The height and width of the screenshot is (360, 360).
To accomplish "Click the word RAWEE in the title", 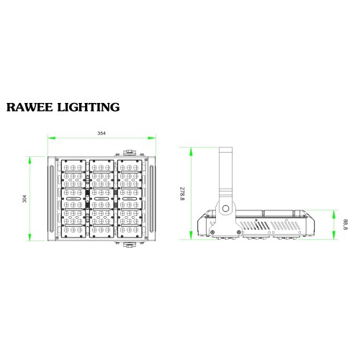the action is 30,107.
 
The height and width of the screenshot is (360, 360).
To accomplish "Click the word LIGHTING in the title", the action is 89,107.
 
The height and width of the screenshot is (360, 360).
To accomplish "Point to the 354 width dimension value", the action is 102,133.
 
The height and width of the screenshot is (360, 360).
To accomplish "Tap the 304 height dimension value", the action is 24,199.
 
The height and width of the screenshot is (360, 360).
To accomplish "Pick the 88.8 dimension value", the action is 346,225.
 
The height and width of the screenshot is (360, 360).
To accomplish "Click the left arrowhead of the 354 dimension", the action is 52,138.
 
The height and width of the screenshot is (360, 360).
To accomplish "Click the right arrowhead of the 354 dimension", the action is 151,138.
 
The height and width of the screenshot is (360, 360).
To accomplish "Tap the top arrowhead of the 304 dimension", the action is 30,161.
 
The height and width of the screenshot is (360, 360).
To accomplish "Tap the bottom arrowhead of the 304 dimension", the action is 30,237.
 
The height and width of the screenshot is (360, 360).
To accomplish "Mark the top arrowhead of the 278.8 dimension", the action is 191,151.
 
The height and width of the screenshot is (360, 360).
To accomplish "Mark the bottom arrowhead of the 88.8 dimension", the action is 333,235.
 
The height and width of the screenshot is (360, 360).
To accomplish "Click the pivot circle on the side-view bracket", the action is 225,209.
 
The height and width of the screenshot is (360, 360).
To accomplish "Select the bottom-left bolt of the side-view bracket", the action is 212,232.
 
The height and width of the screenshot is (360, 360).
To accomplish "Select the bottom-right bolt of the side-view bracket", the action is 239,232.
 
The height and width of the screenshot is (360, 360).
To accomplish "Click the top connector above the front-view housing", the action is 130,153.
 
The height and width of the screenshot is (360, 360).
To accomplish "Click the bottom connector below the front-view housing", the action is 130,245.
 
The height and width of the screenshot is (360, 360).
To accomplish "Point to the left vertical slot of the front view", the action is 51,199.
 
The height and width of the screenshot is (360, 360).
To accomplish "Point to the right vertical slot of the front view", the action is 152,199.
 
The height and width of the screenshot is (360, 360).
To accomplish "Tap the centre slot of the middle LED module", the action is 102,199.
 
